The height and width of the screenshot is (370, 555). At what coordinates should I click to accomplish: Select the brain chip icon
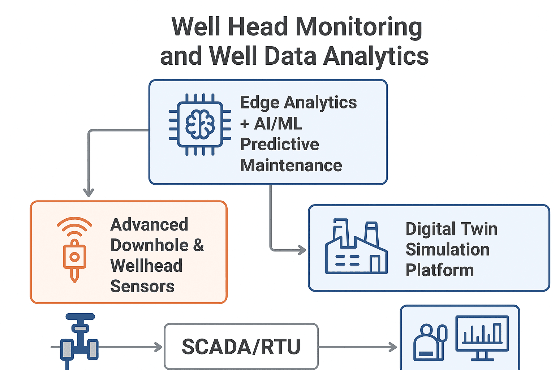(200, 124)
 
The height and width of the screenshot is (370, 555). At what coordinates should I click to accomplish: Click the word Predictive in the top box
(279, 145)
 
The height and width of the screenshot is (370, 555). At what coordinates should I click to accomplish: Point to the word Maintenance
(291, 165)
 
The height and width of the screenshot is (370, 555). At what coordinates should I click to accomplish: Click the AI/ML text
(278, 124)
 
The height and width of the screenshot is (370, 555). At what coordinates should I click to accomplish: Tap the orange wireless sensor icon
(74, 249)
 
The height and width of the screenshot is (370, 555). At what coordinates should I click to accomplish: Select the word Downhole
(149, 245)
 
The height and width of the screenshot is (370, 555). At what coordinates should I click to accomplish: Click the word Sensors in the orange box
(142, 287)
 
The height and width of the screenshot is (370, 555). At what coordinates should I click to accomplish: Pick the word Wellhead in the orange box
(146, 266)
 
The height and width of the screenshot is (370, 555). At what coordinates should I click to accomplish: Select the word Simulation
(447, 250)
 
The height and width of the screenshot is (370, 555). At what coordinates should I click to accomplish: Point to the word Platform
(439, 270)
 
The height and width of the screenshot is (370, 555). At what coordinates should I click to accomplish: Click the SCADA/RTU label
(241, 347)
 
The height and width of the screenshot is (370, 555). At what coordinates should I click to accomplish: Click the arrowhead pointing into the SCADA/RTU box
(159, 347)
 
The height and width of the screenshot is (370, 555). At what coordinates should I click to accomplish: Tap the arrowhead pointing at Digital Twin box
(302, 250)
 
